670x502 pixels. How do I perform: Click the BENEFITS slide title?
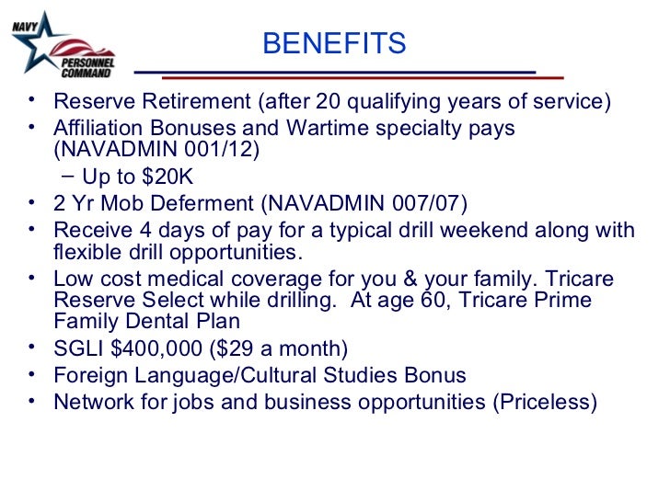334,43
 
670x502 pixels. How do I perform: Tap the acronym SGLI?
77,348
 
